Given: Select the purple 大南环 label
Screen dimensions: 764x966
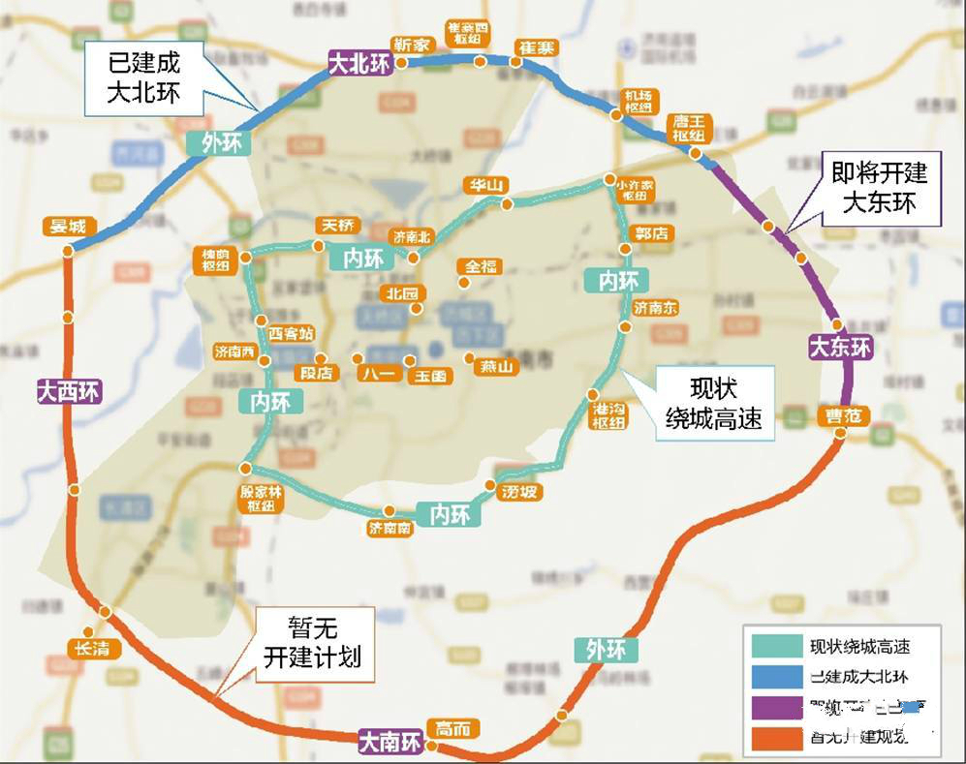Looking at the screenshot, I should [x=390, y=743].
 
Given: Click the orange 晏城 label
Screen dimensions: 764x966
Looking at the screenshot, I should [x=66, y=227].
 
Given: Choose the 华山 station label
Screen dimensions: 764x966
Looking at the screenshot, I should [x=484, y=185].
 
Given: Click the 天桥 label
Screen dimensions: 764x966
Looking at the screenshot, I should [x=337, y=225].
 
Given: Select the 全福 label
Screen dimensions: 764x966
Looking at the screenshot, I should [x=481, y=265].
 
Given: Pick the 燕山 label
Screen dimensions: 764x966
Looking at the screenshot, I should [x=493, y=366].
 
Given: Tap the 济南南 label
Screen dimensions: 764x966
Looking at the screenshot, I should [x=390, y=529].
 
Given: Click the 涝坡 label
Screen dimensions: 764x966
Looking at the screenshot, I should [x=519, y=492].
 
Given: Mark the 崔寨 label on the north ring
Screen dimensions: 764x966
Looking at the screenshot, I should [x=535, y=46].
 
